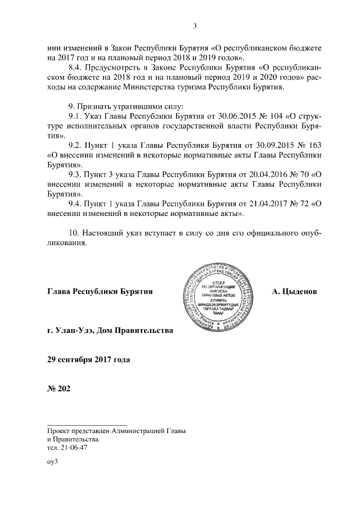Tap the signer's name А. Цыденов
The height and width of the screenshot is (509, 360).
pyautogui.click(x=294, y=291)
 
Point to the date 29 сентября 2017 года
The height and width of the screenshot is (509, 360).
pyautogui.click(x=89, y=359)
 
